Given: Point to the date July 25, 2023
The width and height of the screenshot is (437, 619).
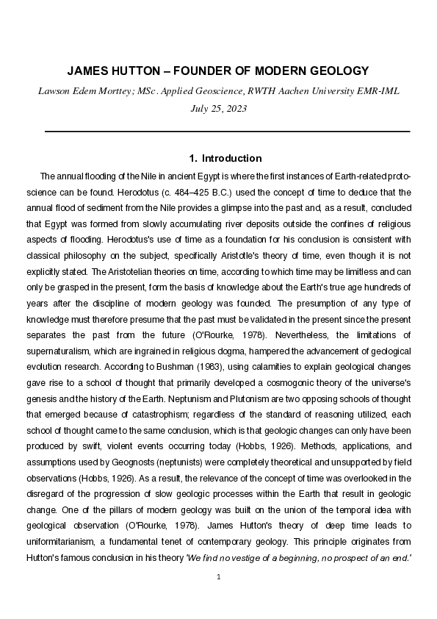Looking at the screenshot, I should click(x=218, y=108).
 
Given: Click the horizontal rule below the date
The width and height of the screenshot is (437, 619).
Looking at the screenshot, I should click(x=227, y=131).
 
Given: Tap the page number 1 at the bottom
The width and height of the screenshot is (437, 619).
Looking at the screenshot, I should click(x=218, y=576).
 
